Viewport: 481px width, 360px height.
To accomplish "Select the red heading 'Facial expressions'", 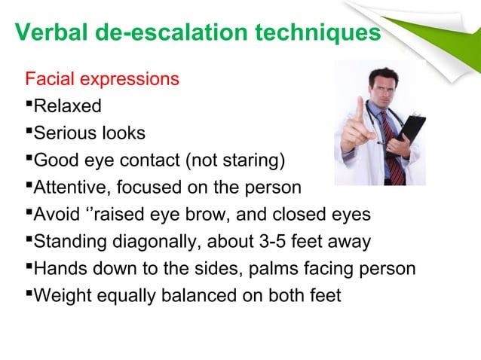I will pos(103,79).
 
